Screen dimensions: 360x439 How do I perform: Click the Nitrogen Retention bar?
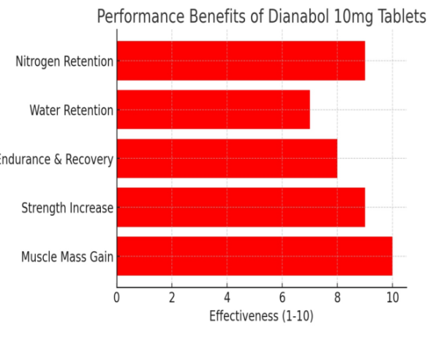pos(240,61)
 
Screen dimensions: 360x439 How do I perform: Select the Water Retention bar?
pos(213,110)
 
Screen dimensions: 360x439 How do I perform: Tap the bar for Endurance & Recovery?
pos(227,159)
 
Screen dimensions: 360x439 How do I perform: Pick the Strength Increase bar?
pos(240,208)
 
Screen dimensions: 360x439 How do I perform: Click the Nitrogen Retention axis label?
pos(64,61)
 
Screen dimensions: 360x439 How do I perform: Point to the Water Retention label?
pos(71,110)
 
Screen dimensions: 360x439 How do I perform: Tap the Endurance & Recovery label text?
pos(57,160)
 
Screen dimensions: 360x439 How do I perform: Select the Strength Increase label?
pos(67,209)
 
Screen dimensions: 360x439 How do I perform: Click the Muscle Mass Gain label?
pos(67,258)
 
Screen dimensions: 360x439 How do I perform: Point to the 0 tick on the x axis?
pos(116,298)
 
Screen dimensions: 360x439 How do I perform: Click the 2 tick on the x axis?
pos(172,298)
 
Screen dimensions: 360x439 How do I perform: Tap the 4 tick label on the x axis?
pos(227,298)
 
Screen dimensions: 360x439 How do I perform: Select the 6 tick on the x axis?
pos(282,298)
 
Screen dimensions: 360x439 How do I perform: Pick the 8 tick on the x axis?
pos(337,298)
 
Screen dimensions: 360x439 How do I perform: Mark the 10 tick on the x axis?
pos(392,298)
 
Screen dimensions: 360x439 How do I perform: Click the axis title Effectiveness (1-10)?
pos(261,316)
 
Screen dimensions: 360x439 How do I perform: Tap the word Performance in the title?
pos(138,16)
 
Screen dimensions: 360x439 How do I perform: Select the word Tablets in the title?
pos(401,16)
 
